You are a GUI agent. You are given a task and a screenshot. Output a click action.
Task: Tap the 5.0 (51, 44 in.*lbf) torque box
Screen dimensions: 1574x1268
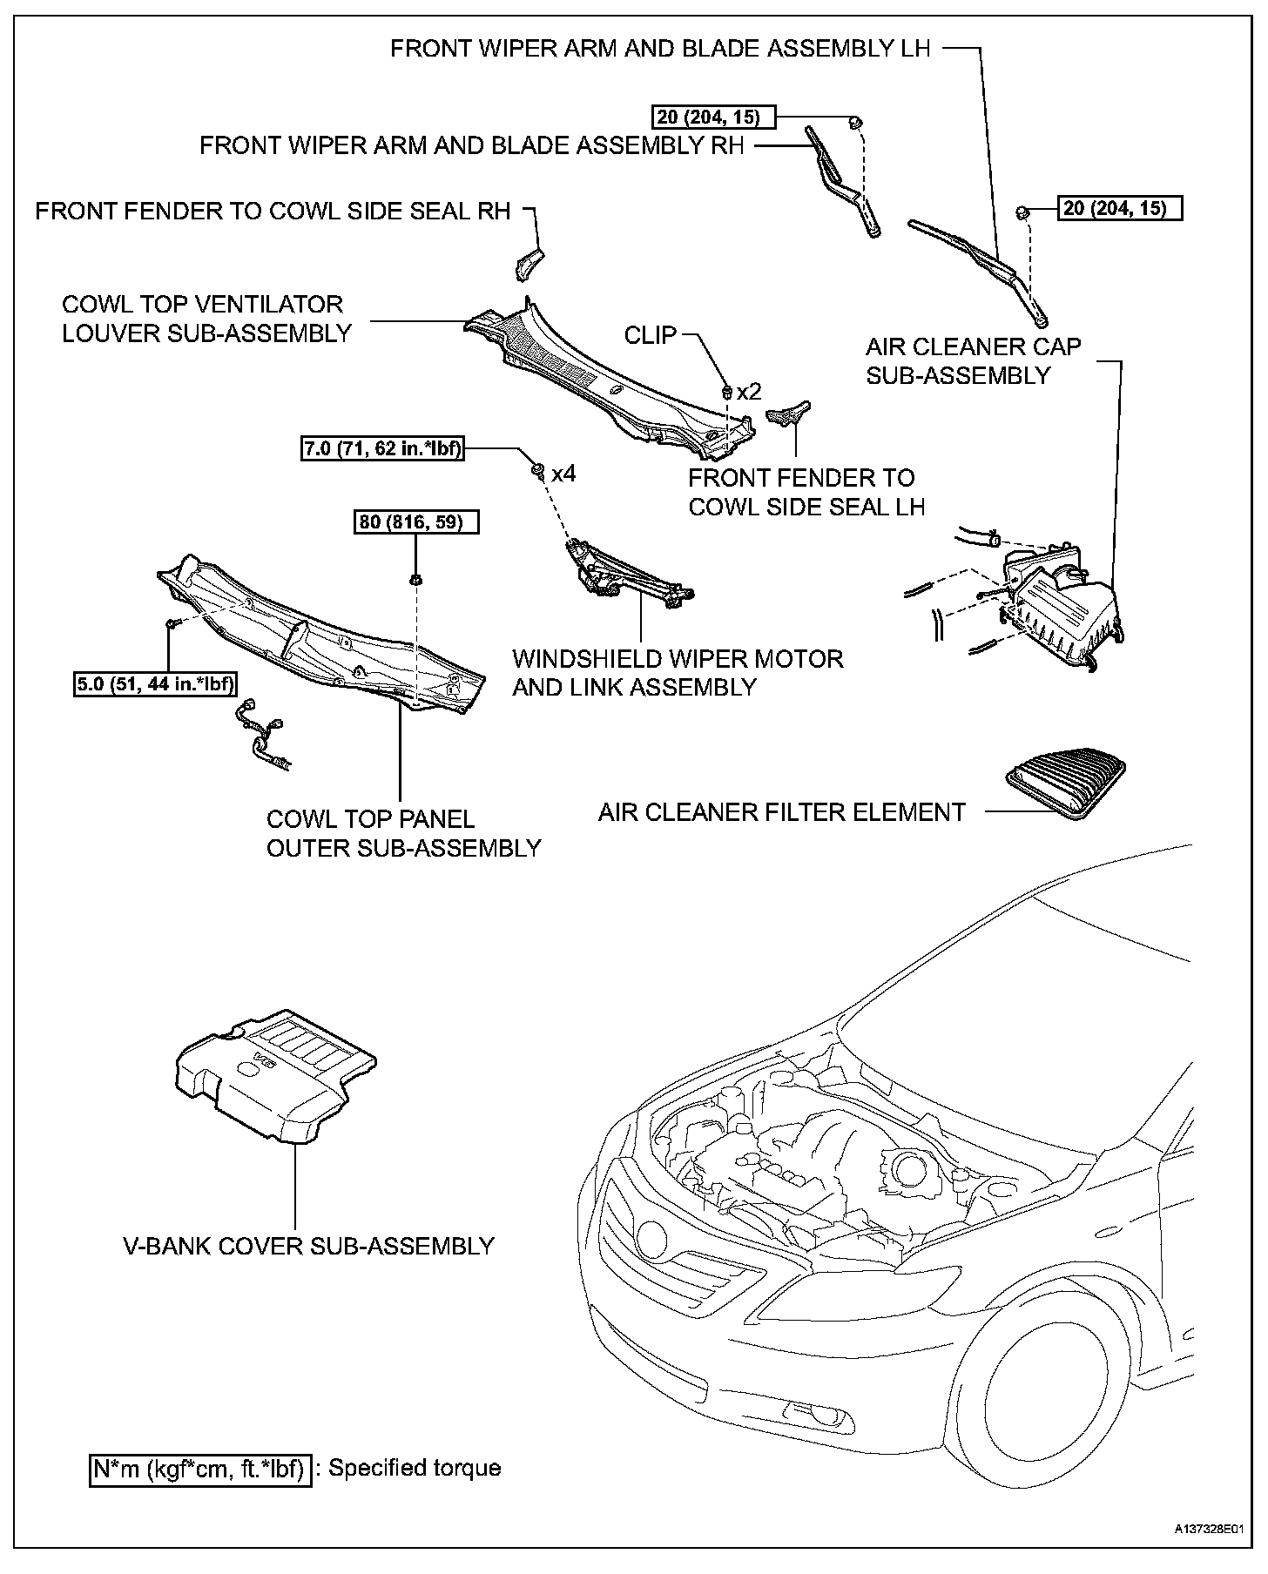[156, 683]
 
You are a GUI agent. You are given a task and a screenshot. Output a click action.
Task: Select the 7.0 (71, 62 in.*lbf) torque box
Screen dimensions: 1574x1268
[382, 449]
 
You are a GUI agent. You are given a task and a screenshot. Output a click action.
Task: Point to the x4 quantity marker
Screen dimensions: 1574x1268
[563, 474]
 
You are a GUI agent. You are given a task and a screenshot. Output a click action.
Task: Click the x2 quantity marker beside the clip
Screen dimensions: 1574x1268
[748, 392]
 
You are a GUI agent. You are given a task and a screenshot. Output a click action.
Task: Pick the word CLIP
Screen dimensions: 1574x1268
[651, 335]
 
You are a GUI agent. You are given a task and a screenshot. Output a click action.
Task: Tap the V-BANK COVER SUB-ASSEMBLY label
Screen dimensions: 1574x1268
[308, 1246]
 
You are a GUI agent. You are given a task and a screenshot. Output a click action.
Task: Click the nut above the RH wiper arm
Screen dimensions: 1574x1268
[855, 121]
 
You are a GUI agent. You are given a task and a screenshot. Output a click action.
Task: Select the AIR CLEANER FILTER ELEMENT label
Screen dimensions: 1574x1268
[781, 812]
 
